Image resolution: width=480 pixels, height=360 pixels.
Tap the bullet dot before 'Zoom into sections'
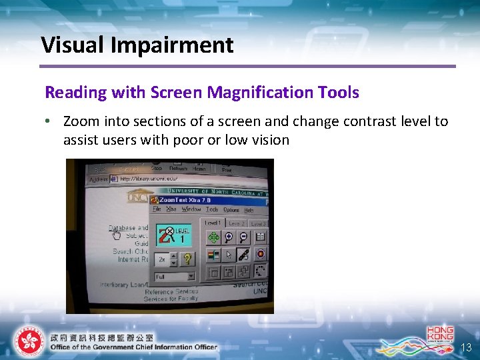(x=49, y=122)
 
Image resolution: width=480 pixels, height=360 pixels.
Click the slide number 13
(x=467, y=347)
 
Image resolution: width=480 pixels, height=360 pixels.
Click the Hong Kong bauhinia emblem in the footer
(x=28, y=341)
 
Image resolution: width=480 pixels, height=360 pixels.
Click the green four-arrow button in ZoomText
(x=213, y=237)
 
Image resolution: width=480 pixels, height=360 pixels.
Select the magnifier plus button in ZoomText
(x=229, y=237)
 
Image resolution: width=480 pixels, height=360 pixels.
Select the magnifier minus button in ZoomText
(x=243, y=237)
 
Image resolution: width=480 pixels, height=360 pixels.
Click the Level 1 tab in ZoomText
(x=213, y=223)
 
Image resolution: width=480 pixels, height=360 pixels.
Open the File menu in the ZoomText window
(x=157, y=209)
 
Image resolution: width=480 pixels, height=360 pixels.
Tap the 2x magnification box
(x=164, y=259)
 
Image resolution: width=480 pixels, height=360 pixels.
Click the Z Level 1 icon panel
(x=174, y=235)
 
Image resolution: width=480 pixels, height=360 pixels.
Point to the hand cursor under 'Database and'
(x=117, y=234)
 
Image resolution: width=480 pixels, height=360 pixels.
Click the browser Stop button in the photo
(x=157, y=169)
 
